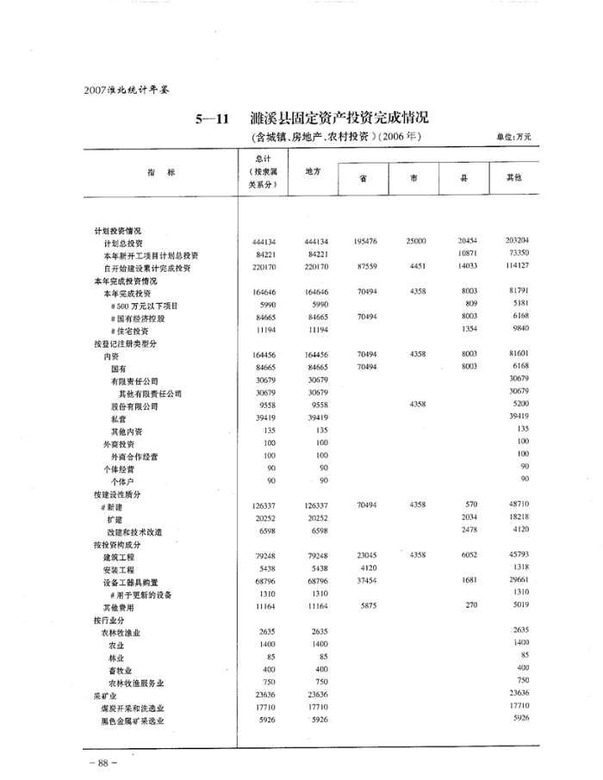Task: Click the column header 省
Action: click(x=364, y=178)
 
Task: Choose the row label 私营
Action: click(x=120, y=418)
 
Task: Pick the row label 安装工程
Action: click(x=120, y=569)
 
